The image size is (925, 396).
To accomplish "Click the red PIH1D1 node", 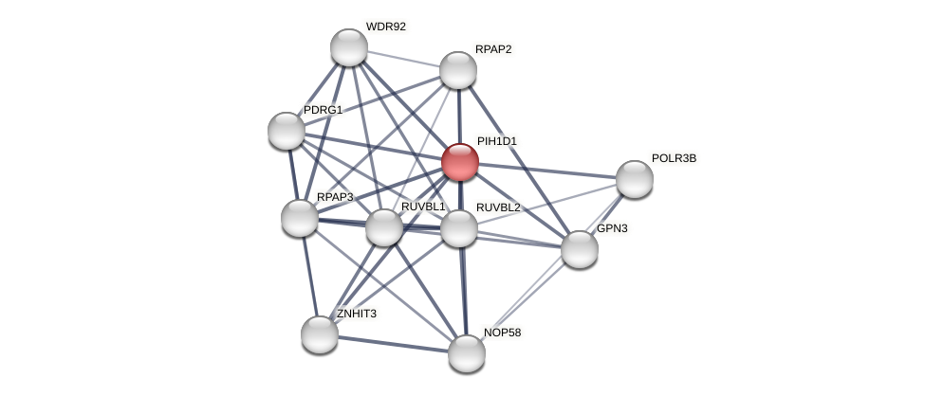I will click(x=460, y=162).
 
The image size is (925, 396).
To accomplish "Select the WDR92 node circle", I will click(x=349, y=47).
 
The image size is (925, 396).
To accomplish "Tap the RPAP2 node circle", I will click(x=458, y=70).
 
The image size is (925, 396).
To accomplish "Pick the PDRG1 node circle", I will click(x=287, y=131).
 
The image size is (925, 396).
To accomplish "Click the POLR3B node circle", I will click(x=635, y=179).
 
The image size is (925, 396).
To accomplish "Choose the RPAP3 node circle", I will click(x=300, y=218).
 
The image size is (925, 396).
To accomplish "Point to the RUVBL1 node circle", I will click(x=384, y=227).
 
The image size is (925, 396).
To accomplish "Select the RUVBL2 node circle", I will click(x=459, y=228).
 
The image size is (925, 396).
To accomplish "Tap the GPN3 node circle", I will click(x=580, y=249).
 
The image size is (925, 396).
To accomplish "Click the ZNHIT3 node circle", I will click(x=320, y=334).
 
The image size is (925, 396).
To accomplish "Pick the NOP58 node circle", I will click(x=467, y=353).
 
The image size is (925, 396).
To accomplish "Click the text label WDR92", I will click(x=385, y=27).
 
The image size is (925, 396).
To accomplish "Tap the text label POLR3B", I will click(x=674, y=158).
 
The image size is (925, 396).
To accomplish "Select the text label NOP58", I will click(x=502, y=333).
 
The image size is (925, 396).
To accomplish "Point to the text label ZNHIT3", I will click(x=356, y=314).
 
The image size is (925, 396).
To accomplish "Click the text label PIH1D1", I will click(x=497, y=141).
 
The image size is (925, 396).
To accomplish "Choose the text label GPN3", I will click(x=612, y=228).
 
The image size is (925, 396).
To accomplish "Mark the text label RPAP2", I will click(x=493, y=49).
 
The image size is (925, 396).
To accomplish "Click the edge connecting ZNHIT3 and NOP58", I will click(x=393, y=344).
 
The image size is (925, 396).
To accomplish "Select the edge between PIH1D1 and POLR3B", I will click(x=547, y=171).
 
